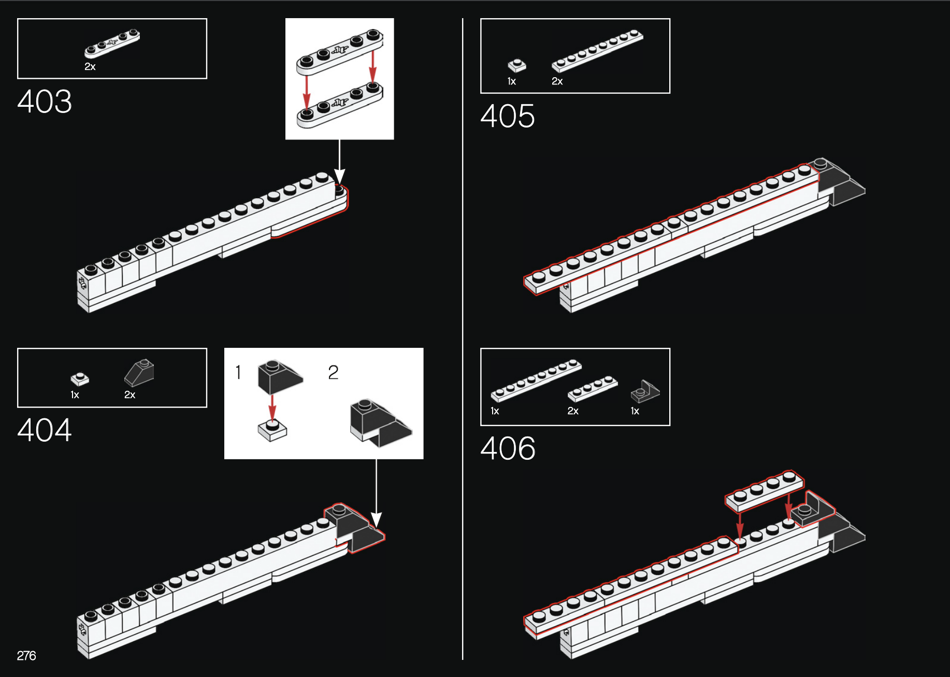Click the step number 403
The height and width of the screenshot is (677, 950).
click(45, 101)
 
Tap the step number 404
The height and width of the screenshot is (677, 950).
click(45, 430)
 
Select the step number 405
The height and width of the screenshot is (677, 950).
click(508, 116)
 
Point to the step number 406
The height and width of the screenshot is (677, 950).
click(508, 448)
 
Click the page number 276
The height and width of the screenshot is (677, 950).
click(26, 656)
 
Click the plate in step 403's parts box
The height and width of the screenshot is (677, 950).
click(112, 43)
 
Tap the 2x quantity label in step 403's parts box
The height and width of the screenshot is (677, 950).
click(90, 67)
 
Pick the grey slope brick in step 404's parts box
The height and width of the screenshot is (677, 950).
click(139, 373)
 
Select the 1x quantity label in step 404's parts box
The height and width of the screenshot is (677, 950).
click(75, 395)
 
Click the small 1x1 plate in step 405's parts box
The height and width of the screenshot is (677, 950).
click(517, 65)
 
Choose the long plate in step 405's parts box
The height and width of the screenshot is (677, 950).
click(597, 50)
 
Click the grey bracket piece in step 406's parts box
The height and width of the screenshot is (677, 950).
click(645, 391)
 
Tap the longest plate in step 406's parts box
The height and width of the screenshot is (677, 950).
click(536, 380)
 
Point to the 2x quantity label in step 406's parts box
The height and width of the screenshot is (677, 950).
click(573, 411)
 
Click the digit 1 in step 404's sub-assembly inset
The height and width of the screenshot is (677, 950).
click(238, 372)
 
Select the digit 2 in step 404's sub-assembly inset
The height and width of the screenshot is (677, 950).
click(333, 372)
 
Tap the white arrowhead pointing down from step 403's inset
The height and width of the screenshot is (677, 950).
click(339, 176)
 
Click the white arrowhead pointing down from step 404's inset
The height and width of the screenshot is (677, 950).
click(377, 520)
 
